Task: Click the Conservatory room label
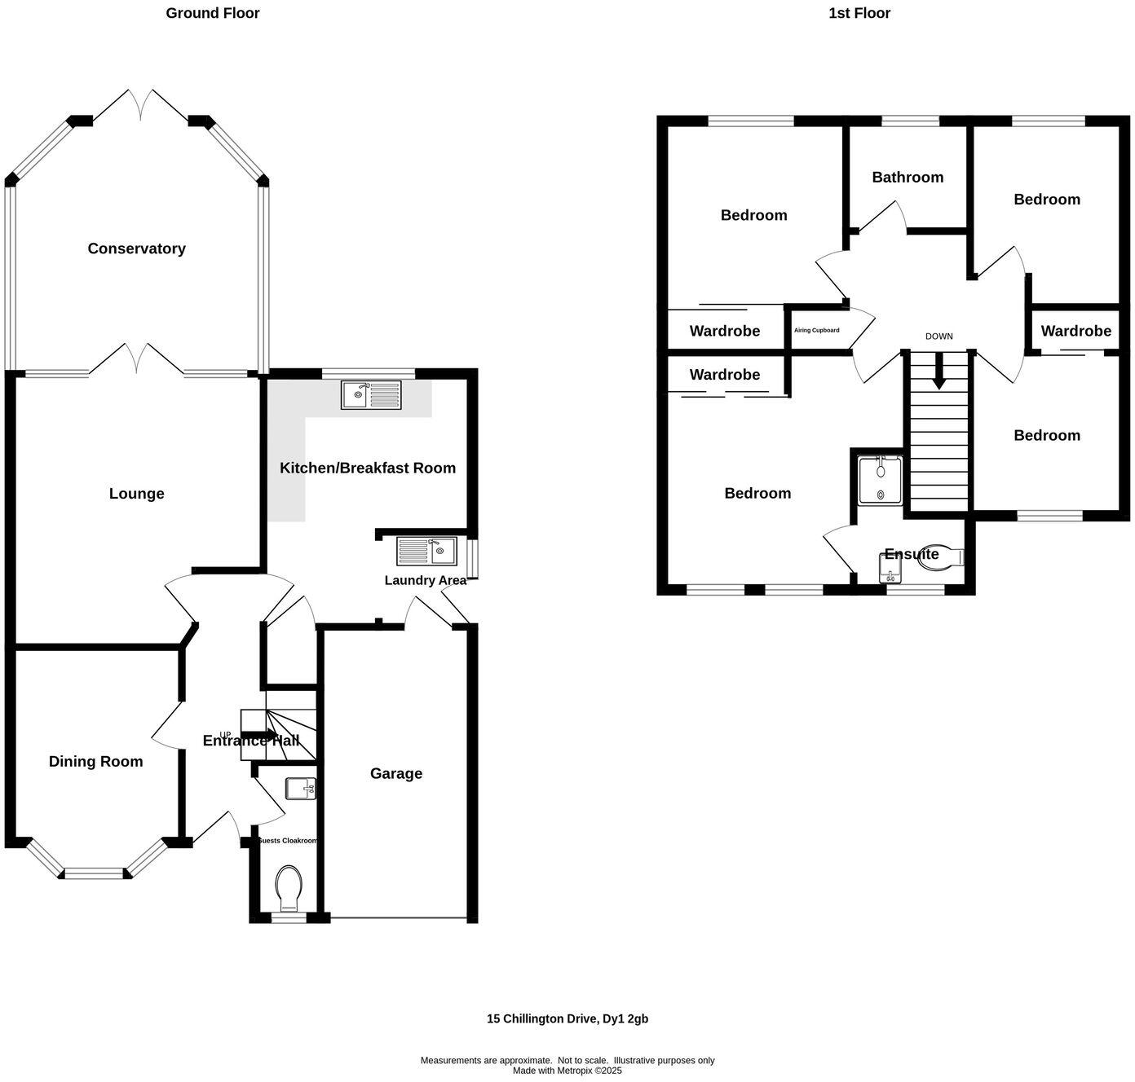(x=136, y=249)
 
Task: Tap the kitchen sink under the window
(x=371, y=395)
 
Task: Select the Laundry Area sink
(x=426, y=552)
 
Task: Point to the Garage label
(x=396, y=773)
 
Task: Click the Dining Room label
(x=95, y=761)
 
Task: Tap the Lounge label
(x=136, y=493)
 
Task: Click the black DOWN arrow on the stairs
(x=938, y=372)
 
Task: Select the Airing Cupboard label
(x=816, y=330)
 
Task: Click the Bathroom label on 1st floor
(x=908, y=177)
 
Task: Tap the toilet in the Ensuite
(x=946, y=556)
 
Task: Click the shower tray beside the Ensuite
(x=880, y=481)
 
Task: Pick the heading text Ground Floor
(x=213, y=13)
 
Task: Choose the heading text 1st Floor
(x=859, y=13)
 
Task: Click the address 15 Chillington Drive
(x=567, y=1018)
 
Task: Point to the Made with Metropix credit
(x=567, y=1071)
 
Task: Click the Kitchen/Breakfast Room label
(x=368, y=468)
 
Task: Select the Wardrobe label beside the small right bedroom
(x=1075, y=331)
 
